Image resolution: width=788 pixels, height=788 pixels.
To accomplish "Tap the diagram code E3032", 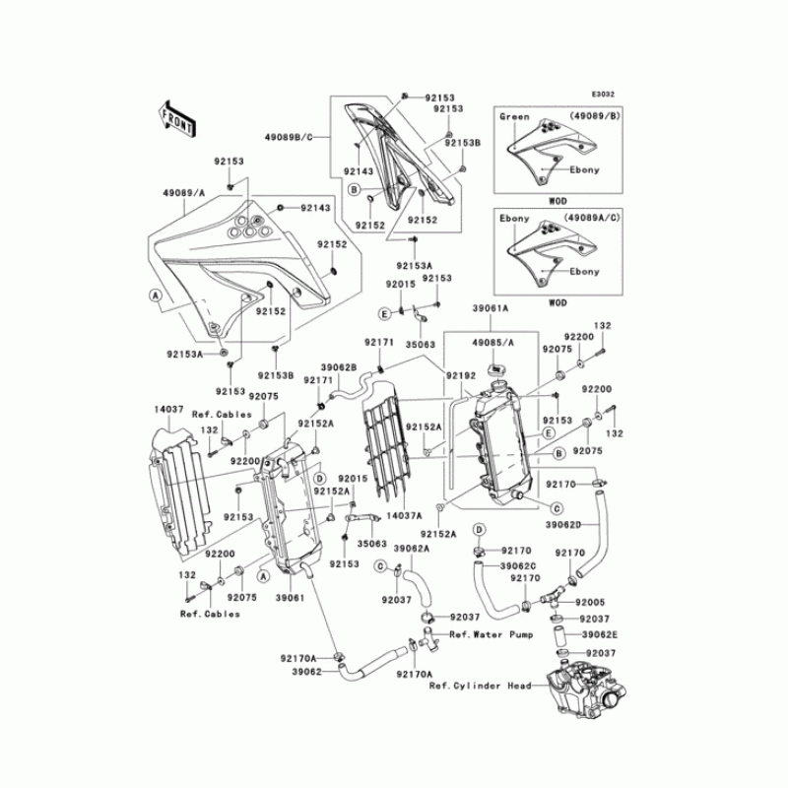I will (603, 95).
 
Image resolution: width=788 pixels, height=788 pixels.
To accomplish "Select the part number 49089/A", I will (182, 194).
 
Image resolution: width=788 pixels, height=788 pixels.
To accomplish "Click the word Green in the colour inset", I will (514, 117).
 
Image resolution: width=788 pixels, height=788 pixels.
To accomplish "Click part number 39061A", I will (490, 308).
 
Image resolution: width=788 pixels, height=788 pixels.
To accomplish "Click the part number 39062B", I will (338, 366).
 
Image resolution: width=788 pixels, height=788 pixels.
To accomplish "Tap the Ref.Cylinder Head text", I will (480, 687).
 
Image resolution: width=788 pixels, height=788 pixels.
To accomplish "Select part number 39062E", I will (598, 635).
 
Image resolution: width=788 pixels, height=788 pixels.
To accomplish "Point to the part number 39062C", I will (516, 566).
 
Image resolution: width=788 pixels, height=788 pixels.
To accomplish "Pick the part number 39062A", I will (410, 549).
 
